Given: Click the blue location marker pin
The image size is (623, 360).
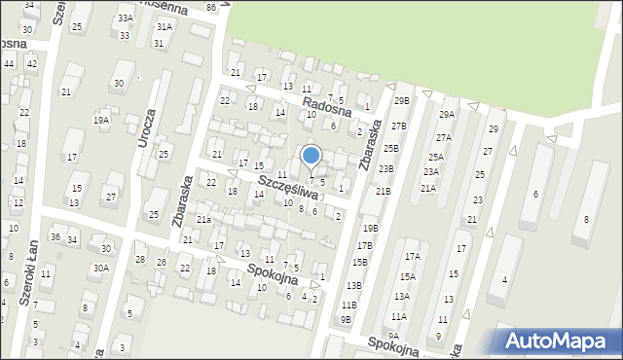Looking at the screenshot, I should click(311, 156).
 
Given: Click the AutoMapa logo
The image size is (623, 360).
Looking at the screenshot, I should click(558, 341).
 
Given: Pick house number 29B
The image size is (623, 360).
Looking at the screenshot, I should click(401, 101).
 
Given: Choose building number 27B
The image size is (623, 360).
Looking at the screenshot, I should click(398, 126).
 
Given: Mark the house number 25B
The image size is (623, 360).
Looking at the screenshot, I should click(390, 149).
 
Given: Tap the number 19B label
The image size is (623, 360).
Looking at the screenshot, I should click(370, 229).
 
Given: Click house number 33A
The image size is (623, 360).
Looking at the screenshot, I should click(126, 18).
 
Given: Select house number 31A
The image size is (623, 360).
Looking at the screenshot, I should click(164, 27).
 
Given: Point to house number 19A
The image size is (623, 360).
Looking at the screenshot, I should click(100, 121).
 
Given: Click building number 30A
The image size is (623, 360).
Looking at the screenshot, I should click(100, 268).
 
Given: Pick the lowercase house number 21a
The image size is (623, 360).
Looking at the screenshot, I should click(203, 220).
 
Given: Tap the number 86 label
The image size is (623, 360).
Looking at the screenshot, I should click(212, 8).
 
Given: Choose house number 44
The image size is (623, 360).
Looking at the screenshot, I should click(9, 63).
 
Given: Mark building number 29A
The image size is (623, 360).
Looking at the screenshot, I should click(446, 115).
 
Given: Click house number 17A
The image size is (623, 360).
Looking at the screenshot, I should click(412, 256).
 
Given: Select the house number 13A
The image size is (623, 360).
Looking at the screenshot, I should click(401, 297).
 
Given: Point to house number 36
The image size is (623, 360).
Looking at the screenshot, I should click(55, 237).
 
